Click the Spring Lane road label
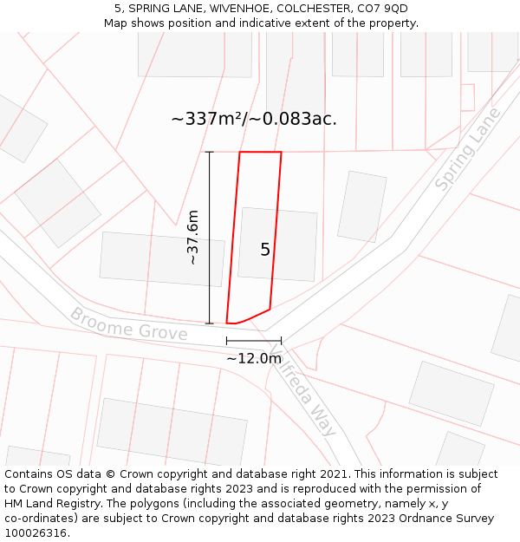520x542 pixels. pyautogui.click(x=468, y=149)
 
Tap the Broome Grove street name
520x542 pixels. pyautogui.click(x=128, y=323)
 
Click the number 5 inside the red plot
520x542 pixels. pyautogui.click(x=265, y=250)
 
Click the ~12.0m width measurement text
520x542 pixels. pyautogui.click(x=254, y=358)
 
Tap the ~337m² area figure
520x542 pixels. pyautogui.click(x=208, y=119)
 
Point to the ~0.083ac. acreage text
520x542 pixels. pyautogui.click(x=293, y=119)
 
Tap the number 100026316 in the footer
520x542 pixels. pyautogui.click(x=36, y=533)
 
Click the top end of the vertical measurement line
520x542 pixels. pyautogui.click(x=209, y=152)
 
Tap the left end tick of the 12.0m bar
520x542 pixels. pyautogui.click(x=226, y=341)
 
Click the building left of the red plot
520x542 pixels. pyautogui.click(x=162, y=258)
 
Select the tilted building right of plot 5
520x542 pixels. pyautogui.click(x=361, y=206)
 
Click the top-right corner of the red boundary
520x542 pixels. pyautogui.click(x=281, y=153)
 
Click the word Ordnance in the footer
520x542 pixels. pyautogui.click(x=395, y=519)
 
